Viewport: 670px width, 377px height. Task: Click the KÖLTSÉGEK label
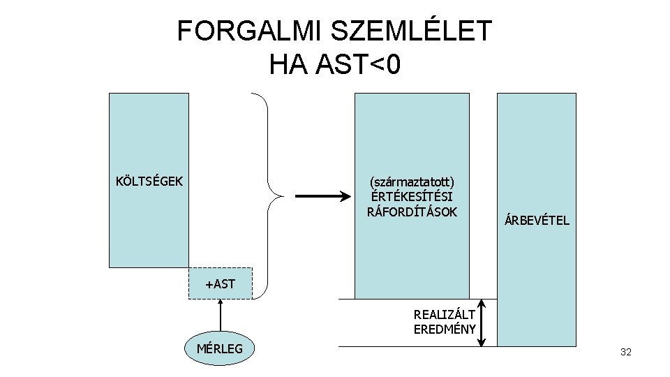(x=149, y=182)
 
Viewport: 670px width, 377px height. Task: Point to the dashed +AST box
(x=220, y=283)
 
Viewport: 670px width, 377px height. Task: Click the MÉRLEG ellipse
(x=220, y=348)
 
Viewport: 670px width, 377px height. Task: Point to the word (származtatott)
(x=412, y=182)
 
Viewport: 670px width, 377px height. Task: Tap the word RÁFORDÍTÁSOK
(x=412, y=212)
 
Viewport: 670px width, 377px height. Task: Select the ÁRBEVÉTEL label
(x=536, y=221)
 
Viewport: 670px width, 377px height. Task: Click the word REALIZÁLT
(x=445, y=315)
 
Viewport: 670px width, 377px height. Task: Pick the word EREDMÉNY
(x=445, y=330)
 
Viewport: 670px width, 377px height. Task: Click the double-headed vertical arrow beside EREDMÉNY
(x=482, y=323)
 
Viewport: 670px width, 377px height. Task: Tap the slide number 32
(x=625, y=353)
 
